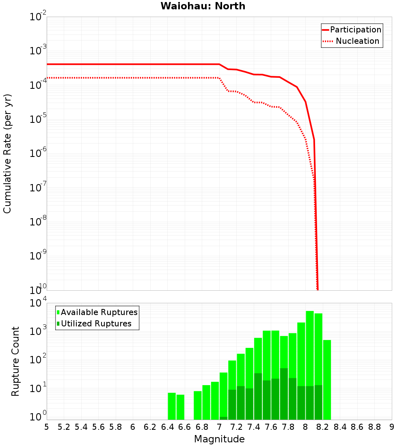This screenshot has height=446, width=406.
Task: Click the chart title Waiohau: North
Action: [x=203, y=6]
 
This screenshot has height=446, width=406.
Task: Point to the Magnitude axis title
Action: [x=219, y=439]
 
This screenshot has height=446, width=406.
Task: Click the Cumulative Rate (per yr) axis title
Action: [x=7, y=154]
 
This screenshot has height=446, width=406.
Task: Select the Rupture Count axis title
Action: [x=15, y=361]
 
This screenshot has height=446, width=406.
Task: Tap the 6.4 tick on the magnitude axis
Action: [x=167, y=427]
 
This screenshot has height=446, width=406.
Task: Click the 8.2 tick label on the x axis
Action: [x=323, y=427]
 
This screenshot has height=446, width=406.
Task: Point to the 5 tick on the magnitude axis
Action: [x=47, y=427]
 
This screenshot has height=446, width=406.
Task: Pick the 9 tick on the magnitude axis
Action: [x=392, y=427]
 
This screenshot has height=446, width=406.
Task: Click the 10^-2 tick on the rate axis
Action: [x=38, y=17]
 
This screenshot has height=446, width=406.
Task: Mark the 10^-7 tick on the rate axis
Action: [x=38, y=188]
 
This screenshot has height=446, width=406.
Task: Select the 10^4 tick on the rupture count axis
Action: [x=38, y=304]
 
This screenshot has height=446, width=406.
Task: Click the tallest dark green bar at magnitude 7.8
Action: [x=284, y=394]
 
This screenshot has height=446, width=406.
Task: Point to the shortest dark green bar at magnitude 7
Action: [x=223, y=418]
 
